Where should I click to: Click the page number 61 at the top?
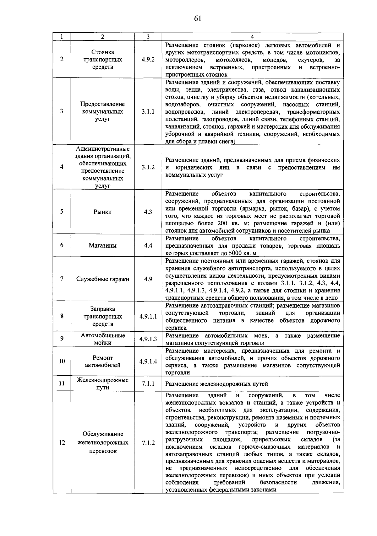click(x=197, y=19)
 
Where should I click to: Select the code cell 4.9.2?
click(x=148, y=59)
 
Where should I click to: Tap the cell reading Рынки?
click(x=103, y=212)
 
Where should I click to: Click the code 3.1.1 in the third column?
click(x=148, y=111)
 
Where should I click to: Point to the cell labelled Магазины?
click(x=103, y=245)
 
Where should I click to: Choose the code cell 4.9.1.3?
click(x=148, y=339)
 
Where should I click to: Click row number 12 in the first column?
click(x=62, y=442)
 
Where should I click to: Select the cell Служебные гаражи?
click(x=103, y=279)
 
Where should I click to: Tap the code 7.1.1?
click(x=148, y=383)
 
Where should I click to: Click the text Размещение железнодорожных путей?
click(x=216, y=383)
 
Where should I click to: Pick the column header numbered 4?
click(x=252, y=36)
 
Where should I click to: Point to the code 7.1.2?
click(x=148, y=443)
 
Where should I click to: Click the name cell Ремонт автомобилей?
click(x=103, y=361)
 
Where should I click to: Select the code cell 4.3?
click(x=148, y=212)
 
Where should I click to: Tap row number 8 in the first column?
click(x=62, y=316)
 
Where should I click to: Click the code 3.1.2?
click(x=148, y=167)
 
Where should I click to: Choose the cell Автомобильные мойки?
click(x=103, y=339)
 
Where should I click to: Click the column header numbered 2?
click(x=103, y=36)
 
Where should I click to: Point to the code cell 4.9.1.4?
click(x=148, y=361)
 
